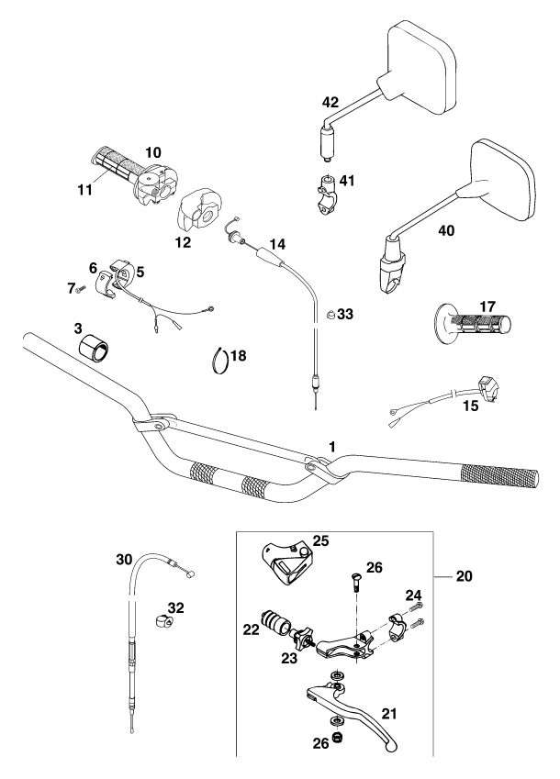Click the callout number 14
point(276,245)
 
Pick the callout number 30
point(125,558)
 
